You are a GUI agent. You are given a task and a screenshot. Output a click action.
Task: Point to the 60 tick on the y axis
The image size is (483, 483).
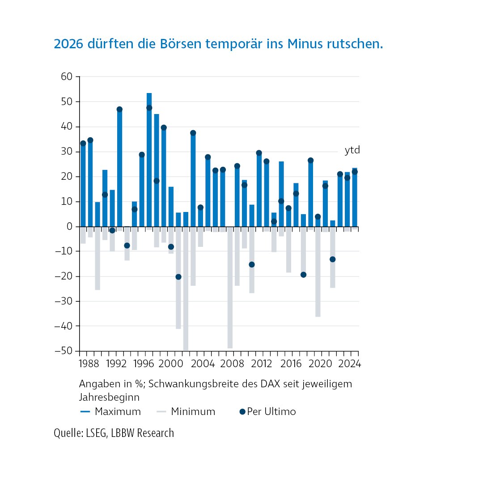click(x=67, y=77)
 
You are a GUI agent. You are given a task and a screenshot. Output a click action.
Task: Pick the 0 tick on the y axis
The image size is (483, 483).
click(x=69, y=227)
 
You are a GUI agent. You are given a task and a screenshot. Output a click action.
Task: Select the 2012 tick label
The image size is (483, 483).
click(x=263, y=364)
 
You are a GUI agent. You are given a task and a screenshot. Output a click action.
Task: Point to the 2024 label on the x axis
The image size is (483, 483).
click(x=349, y=364)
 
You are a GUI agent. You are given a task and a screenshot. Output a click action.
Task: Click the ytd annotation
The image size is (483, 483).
click(x=352, y=150)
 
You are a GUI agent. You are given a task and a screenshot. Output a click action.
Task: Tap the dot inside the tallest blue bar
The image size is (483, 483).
click(x=149, y=108)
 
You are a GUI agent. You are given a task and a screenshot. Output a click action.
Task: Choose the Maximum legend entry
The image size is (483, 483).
click(x=111, y=411)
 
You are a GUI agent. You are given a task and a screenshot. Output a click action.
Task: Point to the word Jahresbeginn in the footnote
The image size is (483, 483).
click(x=109, y=397)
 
